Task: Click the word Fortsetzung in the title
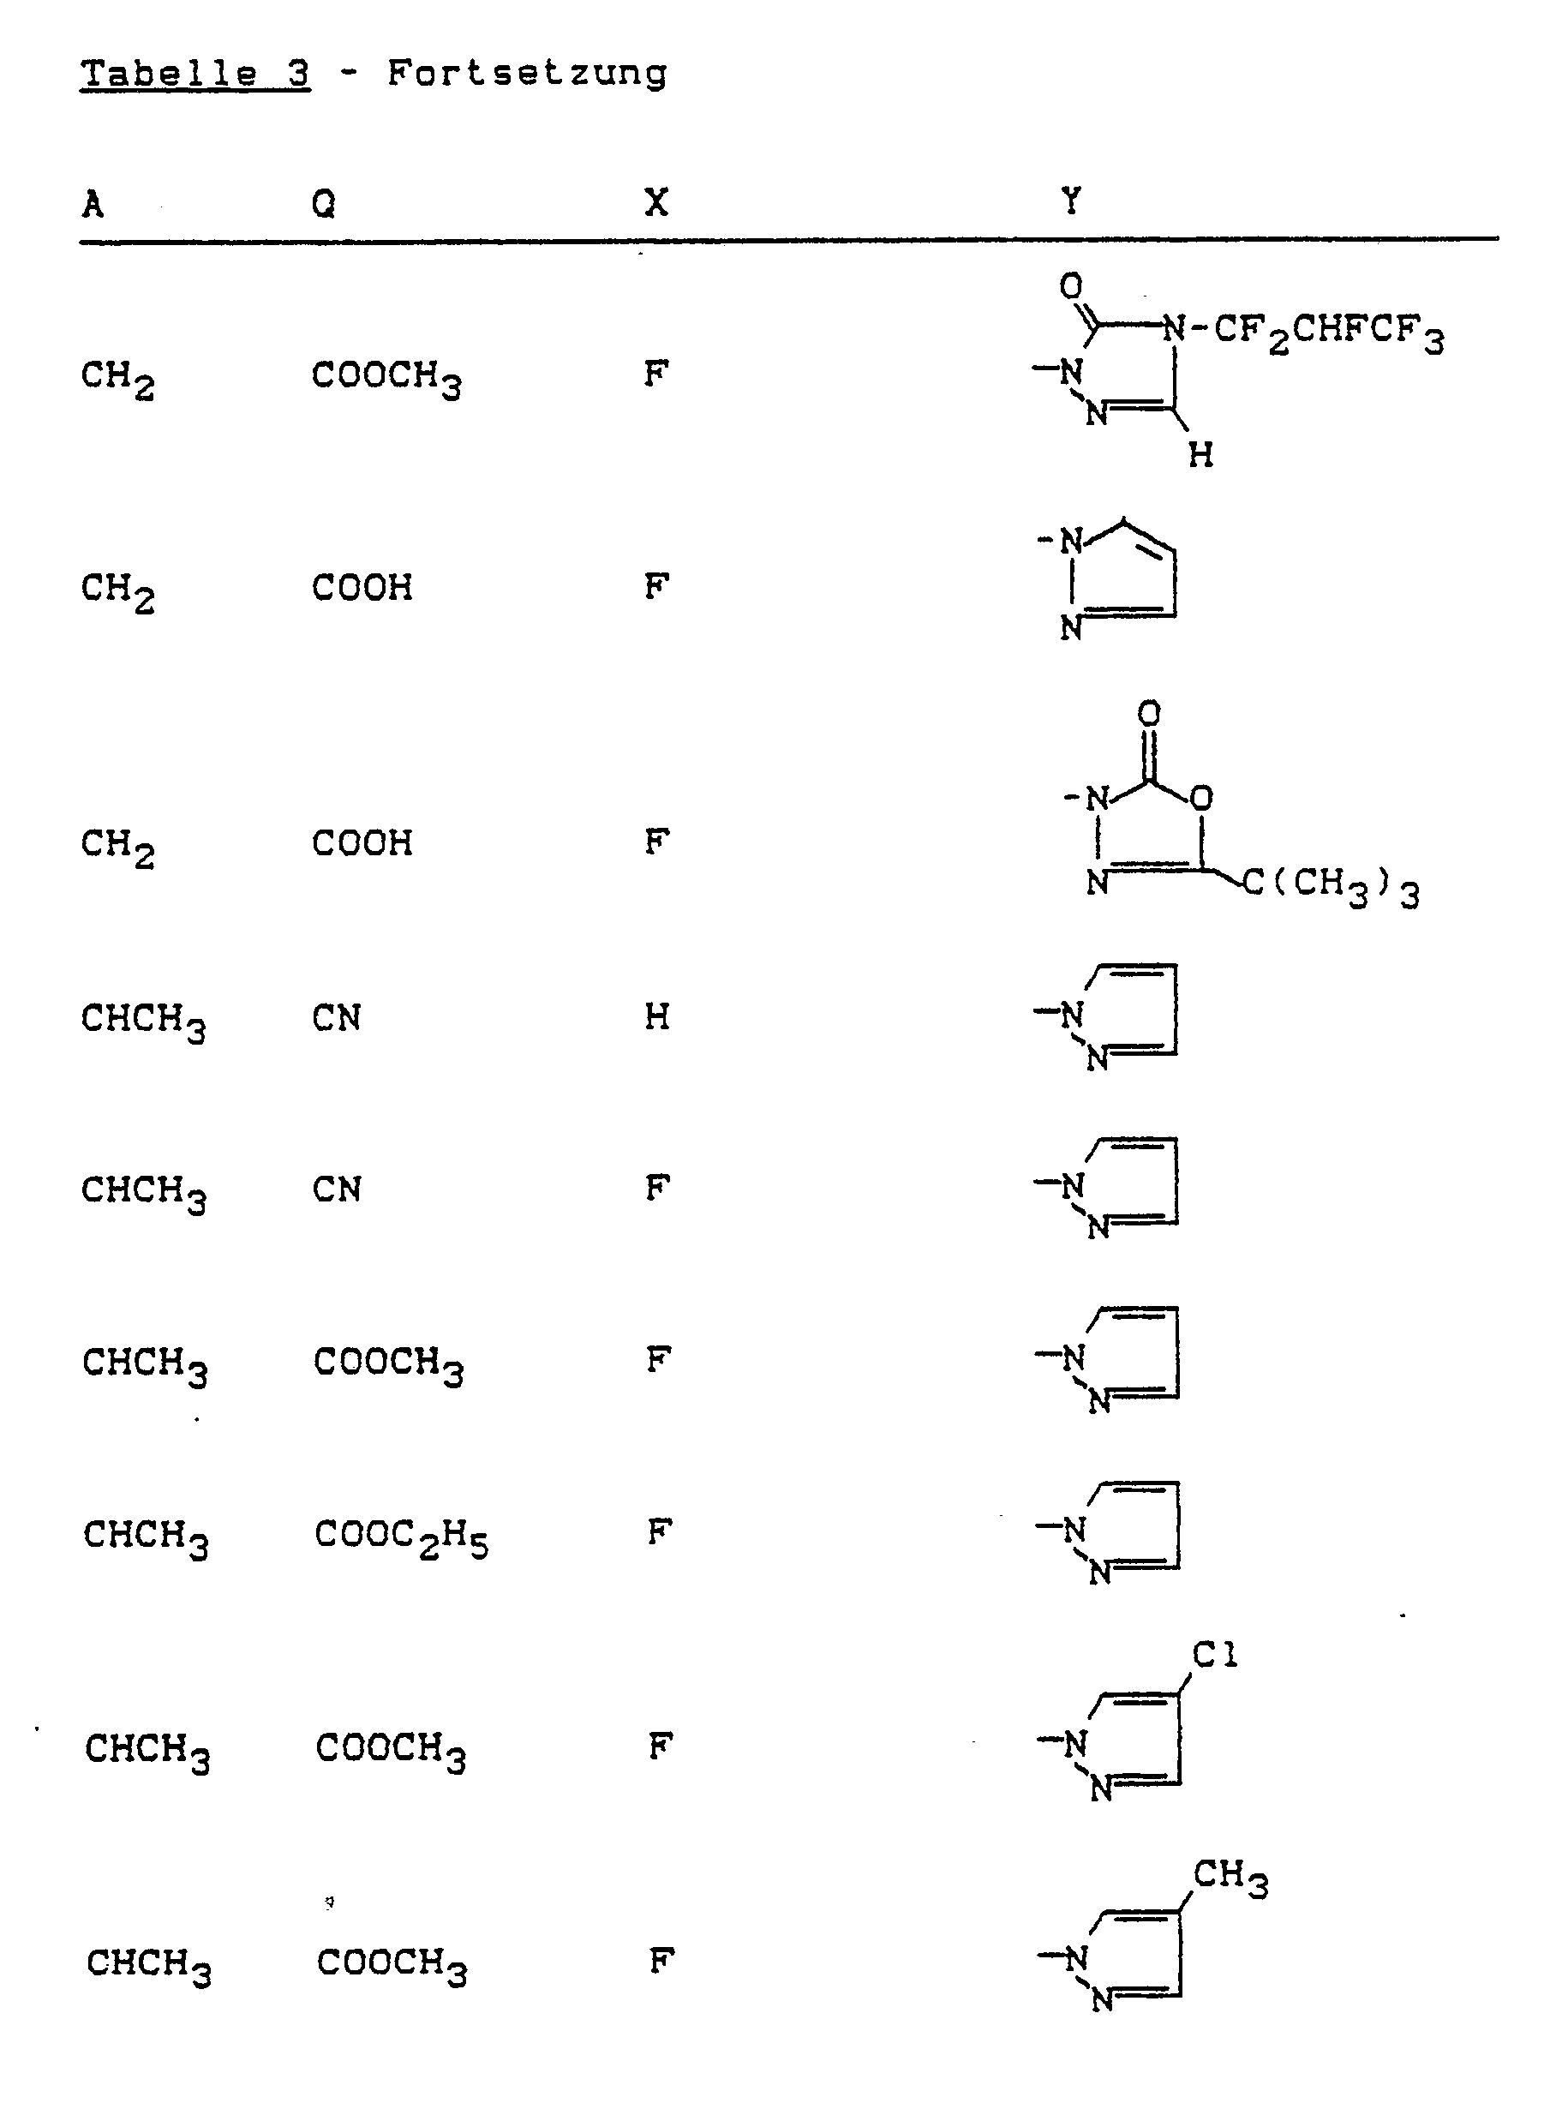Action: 526,73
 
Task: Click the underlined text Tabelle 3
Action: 194,73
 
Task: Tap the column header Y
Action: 1070,201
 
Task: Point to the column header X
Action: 655,202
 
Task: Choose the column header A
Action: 93,205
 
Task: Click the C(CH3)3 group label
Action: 1331,885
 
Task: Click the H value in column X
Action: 657,1017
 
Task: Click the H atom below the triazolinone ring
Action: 1200,456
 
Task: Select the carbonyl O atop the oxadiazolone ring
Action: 1148,714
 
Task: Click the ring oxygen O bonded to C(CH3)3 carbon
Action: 1201,799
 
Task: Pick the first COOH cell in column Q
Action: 362,588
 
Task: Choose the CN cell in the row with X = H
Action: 336,1018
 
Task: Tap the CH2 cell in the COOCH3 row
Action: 117,377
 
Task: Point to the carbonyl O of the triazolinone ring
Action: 1070,285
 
